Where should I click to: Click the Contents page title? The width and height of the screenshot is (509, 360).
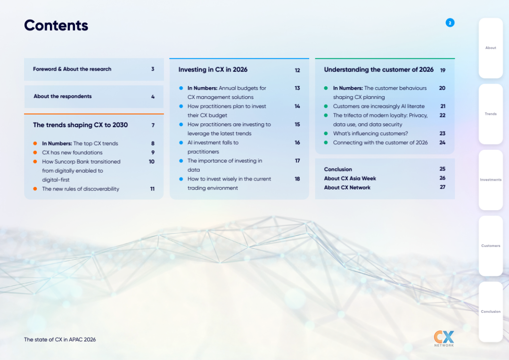click(56, 25)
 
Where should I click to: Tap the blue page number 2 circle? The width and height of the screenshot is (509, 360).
click(450, 23)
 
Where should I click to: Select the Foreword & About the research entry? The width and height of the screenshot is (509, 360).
click(72, 69)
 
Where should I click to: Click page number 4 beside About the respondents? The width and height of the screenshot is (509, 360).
click(153, 97)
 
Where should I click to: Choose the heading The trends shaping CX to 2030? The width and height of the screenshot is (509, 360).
click(81, 125)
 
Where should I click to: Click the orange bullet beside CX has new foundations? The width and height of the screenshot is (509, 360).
click(35, 153)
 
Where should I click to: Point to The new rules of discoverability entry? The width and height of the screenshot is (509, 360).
click(81, 189)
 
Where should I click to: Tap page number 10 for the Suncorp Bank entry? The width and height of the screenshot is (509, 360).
click(152, 162)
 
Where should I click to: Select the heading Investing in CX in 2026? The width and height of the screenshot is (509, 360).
click(213, 69)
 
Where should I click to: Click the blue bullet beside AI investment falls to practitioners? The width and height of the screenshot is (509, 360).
click(181, 142)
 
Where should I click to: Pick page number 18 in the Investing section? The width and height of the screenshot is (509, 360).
click(297, 179)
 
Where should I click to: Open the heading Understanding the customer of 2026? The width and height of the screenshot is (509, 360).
click(379, 69)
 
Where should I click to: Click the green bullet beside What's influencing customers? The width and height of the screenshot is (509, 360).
click(326, 133)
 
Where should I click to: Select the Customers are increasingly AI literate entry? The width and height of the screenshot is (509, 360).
click(379, 106)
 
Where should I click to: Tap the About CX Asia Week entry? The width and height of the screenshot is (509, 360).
click(350, 179)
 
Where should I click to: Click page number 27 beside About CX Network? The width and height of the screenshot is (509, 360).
click(443, 187)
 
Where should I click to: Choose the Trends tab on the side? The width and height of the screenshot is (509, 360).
click(491, 114)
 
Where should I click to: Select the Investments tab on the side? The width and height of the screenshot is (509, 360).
click(491, 180)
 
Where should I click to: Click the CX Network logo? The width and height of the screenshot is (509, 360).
click(444, 339)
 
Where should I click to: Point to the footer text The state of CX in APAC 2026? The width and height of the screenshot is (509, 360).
click(60, 340)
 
